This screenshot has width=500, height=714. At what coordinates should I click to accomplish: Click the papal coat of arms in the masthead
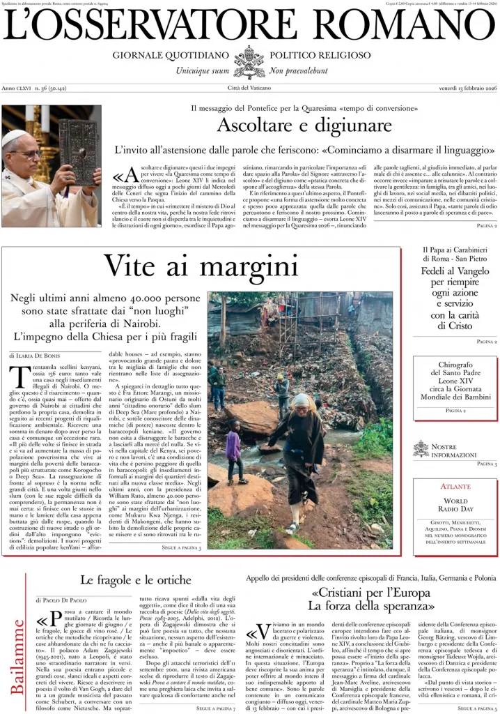[x=249, y=61]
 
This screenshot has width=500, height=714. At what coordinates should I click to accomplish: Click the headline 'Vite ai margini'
[x=201, y=266]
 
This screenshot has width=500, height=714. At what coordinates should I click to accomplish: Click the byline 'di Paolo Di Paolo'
[x=61, y=600]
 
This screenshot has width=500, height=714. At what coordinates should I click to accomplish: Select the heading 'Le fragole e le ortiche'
[x=135, y=580]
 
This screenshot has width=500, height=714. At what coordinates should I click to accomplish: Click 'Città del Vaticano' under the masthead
[x=250, y=88]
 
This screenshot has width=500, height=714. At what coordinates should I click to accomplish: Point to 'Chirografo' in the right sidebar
[x=456, y=365]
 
